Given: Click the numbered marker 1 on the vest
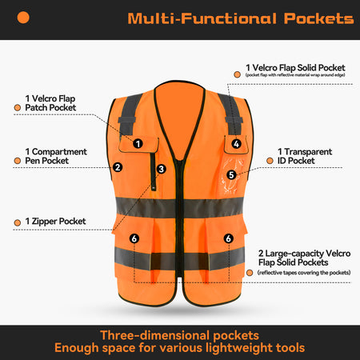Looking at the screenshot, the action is click(138, 144).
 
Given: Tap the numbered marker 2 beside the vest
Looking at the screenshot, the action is click(118, 167).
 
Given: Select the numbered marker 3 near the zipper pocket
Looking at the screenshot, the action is click(161, 169).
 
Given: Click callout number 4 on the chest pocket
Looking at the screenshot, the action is click(236, 144).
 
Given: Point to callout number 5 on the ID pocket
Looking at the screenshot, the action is click(231, 175).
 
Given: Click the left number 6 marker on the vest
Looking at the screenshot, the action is click(134, 238).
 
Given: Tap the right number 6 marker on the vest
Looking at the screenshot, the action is click(228, 238).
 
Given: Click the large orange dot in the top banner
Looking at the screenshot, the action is click(23, 18).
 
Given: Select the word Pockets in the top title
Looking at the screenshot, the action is click(318, 18).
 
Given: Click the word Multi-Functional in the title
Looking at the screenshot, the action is click(202, 18).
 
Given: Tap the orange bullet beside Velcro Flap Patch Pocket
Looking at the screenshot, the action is click(18, 107).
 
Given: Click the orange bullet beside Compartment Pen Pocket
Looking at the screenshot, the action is click(18, 161).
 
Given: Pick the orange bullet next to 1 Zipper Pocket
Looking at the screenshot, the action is click(18, 222).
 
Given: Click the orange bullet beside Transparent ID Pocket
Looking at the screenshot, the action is click(270, 161).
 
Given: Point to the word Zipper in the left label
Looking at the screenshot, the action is click(44, 222).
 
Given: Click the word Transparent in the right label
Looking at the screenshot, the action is click(308, 152).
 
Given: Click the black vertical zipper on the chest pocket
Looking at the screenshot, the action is click(154, 171).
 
